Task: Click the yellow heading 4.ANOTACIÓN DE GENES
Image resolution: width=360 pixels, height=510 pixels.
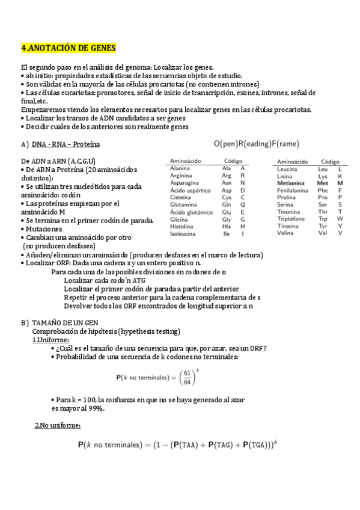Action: pyautogui.click(x=69, y=48)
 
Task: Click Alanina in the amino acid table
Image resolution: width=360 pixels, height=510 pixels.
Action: pyautogui.click(x=180, y=168)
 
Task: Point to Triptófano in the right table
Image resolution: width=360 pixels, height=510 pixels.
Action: pyautogui.click(x=292, y=219)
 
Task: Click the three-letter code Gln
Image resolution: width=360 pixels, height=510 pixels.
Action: pyautogui.click(x=227, y=204)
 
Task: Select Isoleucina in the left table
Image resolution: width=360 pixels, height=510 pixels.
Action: pyautogui.click(x=183, y=233)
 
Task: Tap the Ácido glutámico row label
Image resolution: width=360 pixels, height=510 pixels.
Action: pyautogui.click(x=191, y=212)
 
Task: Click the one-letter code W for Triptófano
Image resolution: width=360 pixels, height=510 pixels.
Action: pyautogui.click(x=340, y=219)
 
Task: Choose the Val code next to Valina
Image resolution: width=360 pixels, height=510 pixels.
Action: pyautogui.click(x=323, y=233)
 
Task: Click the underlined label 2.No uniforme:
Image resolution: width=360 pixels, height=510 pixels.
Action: pyautogui.click(x=58, y=426)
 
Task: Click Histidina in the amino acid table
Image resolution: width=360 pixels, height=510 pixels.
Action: pyautogui.click(x=183, y=226)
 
